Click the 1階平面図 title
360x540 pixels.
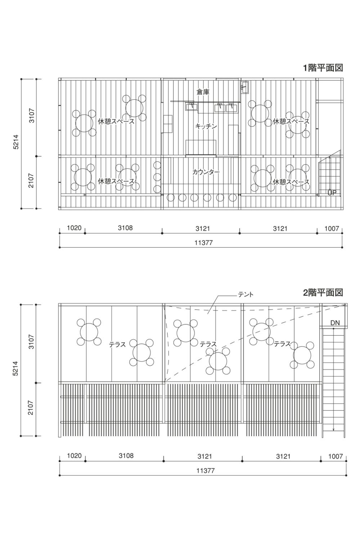tap(323, 68)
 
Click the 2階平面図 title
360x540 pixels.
tap(323, 293)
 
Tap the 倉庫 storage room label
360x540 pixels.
tap(203, 92)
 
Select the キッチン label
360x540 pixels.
tap(206, 126)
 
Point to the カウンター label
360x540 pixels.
tap(206, 172)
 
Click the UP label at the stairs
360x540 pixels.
tap(332, 193)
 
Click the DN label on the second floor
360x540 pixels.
tap(335, 323)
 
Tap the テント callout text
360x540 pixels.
tap(246, 294)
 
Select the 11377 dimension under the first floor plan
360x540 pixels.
tap(203, 243)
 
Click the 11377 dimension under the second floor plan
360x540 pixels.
tap(206, 471)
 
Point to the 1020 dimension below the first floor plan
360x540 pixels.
tap(74, 228)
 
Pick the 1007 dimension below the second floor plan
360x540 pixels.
tap(336, 456)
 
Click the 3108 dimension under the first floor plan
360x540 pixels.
tap(125, 228)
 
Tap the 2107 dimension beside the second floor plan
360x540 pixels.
tap(31, 408)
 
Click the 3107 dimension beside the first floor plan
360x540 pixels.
tap(32, 116)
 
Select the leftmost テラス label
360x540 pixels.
tap(117, 345)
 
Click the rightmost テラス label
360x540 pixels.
tap(282, 344)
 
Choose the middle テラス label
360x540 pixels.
tap(208, 344)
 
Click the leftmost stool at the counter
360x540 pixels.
tap(171, 198)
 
